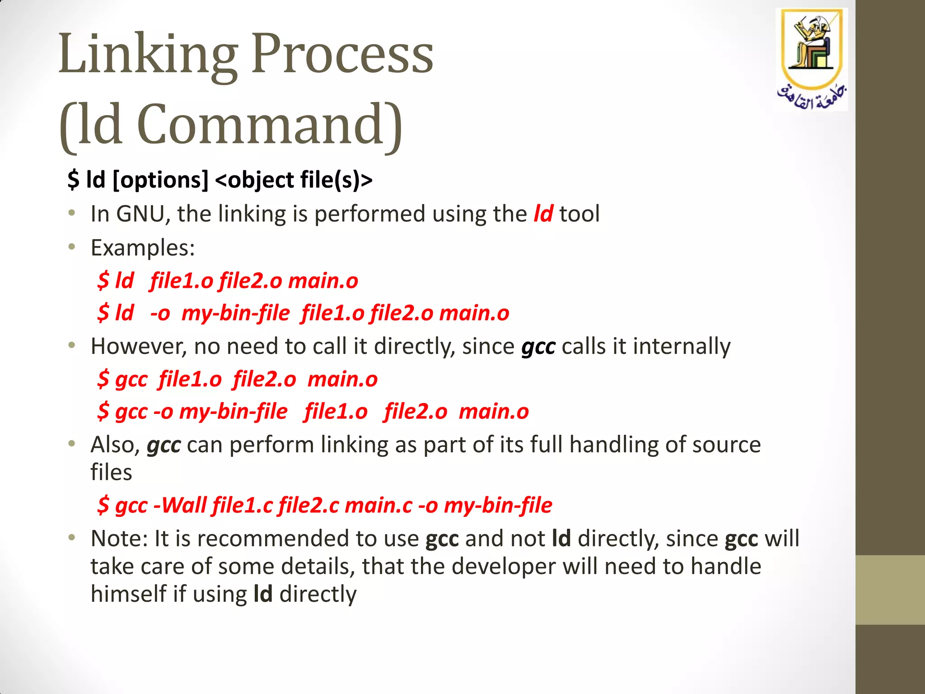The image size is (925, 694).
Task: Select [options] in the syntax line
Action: (x=160, y=180)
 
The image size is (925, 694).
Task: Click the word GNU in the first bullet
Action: (x=140, y=214)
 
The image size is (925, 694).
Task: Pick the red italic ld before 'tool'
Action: (x=543, y=214)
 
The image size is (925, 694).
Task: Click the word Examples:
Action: (x=143, y=248)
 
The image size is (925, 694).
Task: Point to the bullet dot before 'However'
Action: (x=71, y=346)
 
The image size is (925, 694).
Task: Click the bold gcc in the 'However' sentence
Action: (x=538, y=347)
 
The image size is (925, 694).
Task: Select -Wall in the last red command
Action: (x=180, y=505)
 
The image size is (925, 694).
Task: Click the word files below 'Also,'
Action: (x=111, y=473)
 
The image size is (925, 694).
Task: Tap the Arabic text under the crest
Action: (x=812, y=97)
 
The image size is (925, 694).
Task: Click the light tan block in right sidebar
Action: (x=890, y=590)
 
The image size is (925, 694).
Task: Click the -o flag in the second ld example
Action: (x=160, y=313)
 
